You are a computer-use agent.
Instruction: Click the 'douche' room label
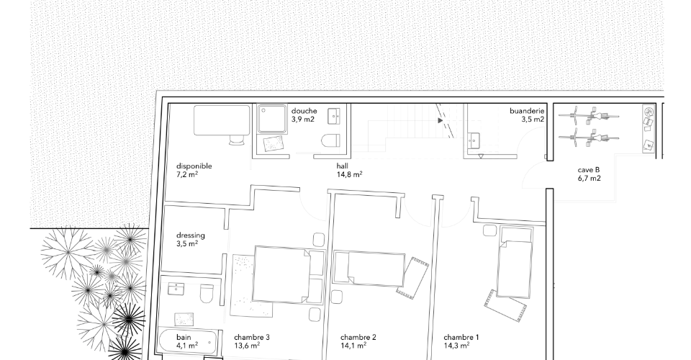(304, 111)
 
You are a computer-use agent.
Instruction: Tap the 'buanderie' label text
(527, 111)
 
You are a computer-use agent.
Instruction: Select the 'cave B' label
(589, 170)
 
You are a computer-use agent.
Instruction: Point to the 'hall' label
(343, 166)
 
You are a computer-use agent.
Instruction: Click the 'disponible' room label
(194, 166)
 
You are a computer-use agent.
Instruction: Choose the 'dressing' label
(190, 235)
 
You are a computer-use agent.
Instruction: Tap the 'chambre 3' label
(252, 338)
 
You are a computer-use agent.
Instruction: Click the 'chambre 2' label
(358, 338)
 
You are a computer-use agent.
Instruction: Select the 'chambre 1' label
(461, 338)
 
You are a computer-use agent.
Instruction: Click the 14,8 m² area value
(350, 174)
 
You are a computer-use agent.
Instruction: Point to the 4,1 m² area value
(187, 346)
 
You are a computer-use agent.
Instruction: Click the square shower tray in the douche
(272, 119)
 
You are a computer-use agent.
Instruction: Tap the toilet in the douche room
(331, 140)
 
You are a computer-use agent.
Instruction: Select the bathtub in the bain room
(188, 341)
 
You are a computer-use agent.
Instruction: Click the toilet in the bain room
(207, 294)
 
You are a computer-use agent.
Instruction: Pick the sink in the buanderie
(474, 140)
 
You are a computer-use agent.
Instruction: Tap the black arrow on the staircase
(440, 120)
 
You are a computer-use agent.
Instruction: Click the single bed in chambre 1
(515, 262)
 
